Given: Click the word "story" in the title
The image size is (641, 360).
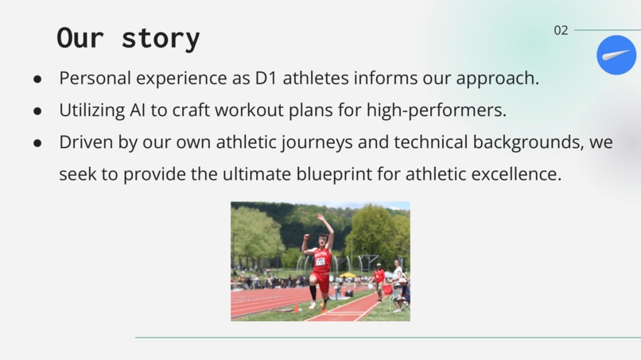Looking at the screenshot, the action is coord(161,38).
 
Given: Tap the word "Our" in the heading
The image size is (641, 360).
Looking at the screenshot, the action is coord(80,38).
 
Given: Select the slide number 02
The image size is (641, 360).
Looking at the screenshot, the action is coord(561,30).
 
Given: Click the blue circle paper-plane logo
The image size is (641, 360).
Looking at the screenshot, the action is coord(616,55).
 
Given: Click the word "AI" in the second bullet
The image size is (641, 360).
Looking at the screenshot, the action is coord(138,110).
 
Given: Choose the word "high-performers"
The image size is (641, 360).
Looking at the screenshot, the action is coord(436,110).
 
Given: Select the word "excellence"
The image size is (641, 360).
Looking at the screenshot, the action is coord(516,174).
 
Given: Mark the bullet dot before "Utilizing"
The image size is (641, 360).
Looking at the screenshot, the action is coord(37,111).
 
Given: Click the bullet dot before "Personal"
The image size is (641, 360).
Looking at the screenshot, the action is coord(37,79).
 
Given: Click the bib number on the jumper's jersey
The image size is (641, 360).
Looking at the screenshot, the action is coord(320,261).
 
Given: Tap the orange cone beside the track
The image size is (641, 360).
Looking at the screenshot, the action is coord(297,308).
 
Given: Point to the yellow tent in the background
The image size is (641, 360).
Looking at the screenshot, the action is coord(348,276).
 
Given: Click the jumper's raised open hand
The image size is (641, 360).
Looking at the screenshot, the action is coord(320,218).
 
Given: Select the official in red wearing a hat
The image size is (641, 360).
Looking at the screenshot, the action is coord(379,281).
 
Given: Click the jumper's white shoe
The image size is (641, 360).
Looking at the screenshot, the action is coord(313,305).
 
